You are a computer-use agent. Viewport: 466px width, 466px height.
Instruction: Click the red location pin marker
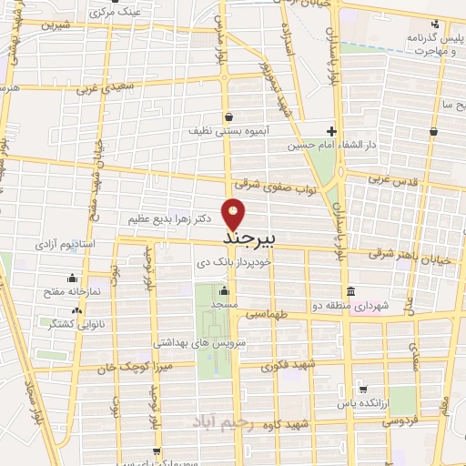click(235, 213)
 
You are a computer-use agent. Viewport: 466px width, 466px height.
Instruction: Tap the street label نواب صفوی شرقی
click(267, 187)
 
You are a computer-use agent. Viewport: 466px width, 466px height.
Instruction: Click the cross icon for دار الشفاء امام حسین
click(332, 131)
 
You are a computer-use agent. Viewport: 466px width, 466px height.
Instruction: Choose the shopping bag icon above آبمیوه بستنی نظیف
click(227, 116)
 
